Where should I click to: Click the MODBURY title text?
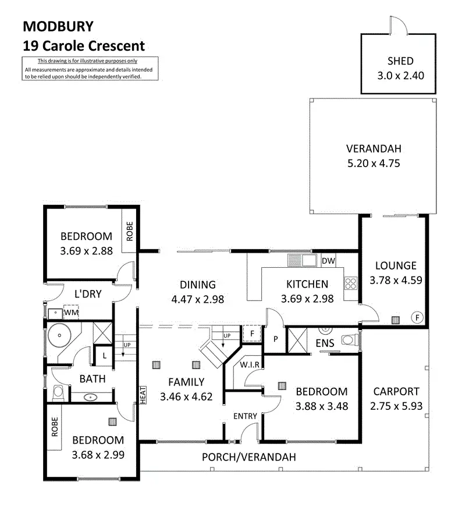(58, 27)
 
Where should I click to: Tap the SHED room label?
(400, 61)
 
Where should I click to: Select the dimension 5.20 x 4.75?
(374, 164)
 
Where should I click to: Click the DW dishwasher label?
(328, 261)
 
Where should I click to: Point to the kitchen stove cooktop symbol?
(350, 284)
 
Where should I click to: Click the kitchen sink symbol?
(302, 260)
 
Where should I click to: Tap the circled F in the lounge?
(417, 317)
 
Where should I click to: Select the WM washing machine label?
(71, 313)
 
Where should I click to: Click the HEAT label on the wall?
(143, 395)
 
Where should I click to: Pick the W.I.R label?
(250, 365)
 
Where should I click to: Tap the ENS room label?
(325, 343)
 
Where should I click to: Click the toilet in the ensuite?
(350, 341)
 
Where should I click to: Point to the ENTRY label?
(245, 416)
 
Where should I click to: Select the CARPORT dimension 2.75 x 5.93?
(396, 406)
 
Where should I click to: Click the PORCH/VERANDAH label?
(249, 457)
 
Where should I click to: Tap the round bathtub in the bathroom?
(59, 335)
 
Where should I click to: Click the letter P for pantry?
(276, 339)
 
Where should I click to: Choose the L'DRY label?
(88, 294)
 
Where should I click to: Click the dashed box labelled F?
(252, 334)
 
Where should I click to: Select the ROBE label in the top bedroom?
(130, 231)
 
